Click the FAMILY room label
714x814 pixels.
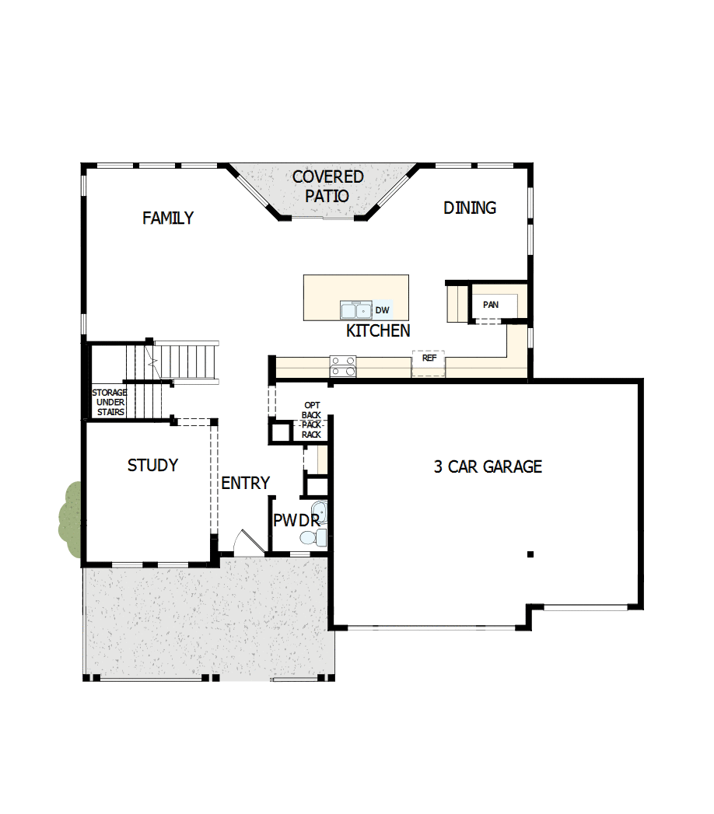168,218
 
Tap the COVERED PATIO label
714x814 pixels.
327,187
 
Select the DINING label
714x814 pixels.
470,208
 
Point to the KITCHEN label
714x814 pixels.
378,331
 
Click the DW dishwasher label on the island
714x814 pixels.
382,310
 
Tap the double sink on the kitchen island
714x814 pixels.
356,310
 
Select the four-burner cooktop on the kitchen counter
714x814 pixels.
343,366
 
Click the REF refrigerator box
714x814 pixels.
429,360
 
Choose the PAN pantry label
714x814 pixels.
491,305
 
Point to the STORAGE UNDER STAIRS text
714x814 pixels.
110,402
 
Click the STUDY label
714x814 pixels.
152,466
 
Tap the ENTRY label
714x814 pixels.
245,483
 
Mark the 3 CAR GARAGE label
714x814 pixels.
488,466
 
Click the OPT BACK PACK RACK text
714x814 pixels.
312,421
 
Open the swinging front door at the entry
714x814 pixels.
247,542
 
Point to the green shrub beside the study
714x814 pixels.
71,519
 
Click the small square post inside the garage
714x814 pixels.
530,554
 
